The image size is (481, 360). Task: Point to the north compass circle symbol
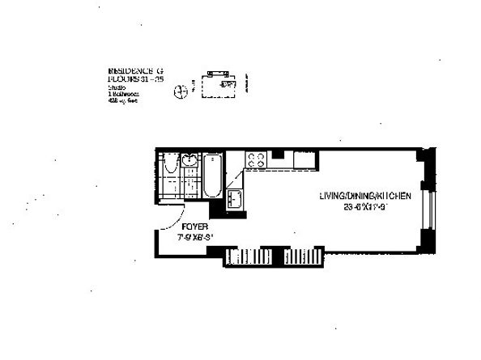pos(179,90)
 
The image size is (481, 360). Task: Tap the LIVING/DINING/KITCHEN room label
pos(364,196)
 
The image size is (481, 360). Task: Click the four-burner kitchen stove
pos(256,159)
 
